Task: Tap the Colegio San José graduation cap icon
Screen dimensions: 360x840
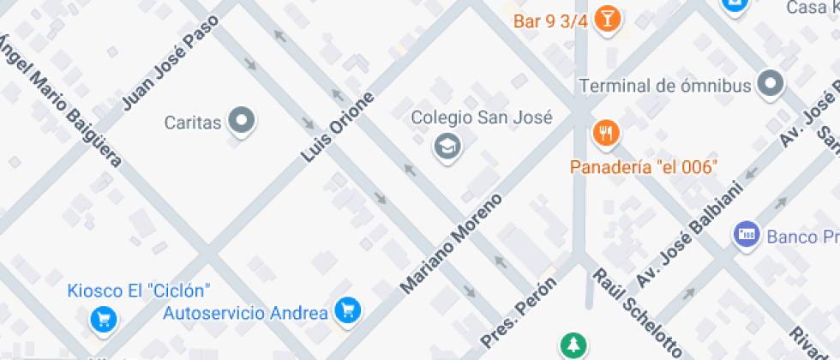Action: (x=447, y=147)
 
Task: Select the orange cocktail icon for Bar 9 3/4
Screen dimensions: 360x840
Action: (x=608, y=19)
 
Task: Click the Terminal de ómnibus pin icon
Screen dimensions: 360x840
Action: (x=772, y=85)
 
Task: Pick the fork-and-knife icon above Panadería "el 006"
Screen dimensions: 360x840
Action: (x=606, y=133)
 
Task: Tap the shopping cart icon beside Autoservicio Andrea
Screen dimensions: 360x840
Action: (x=347, y=309)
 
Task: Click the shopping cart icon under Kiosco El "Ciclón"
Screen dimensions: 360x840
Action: (x=104, y=320)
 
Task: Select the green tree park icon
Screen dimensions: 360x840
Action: (x=571, y=345)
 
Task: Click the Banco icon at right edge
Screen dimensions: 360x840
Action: (x=747, y=233)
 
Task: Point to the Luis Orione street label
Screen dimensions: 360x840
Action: (x=339, y=127)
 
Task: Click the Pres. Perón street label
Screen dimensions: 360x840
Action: (x=519, y=312)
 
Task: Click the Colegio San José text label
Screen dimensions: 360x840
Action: (x=481, y=118)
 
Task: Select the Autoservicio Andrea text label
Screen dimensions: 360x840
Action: (x=246, y=312)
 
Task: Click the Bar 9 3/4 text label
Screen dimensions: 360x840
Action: (x=550, y=21)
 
